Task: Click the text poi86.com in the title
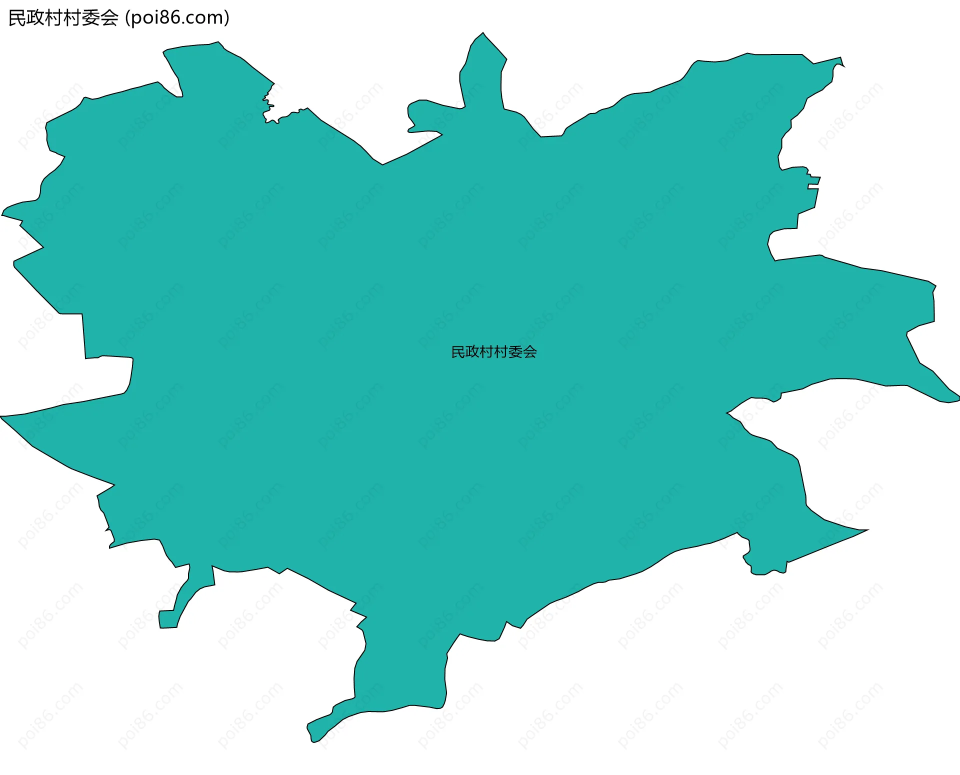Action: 176,18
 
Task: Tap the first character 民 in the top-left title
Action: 17,18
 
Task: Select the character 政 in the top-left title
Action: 36,18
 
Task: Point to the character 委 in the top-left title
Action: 91,18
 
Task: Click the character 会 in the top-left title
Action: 109,18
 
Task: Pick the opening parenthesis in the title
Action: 127,18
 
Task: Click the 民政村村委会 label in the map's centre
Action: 493,352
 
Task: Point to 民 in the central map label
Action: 458,352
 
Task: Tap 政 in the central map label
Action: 472,352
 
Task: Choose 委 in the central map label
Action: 515,352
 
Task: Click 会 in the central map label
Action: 530,352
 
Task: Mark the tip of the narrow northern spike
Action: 482,33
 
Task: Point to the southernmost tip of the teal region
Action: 313,741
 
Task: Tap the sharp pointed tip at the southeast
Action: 867,529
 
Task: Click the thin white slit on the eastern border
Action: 813,186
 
